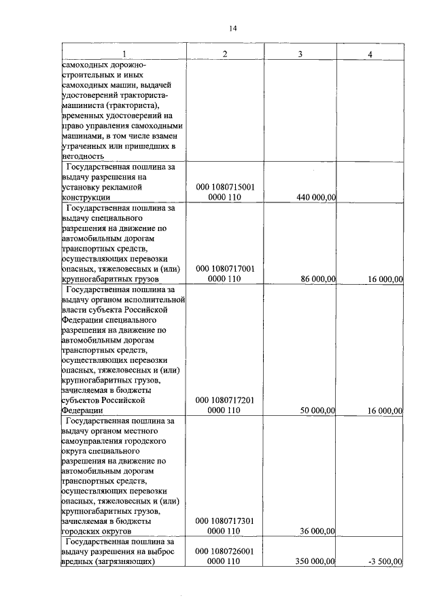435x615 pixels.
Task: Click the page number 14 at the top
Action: tap(233, 28)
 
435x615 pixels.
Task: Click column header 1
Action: tap(123, 54)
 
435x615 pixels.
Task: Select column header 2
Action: tap(224, 54)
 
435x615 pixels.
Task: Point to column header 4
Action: tap(370, 54)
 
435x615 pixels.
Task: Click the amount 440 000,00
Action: tap(317, 198)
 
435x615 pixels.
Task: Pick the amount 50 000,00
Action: tap(319, 410)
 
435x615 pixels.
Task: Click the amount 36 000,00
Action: tap(319, 531)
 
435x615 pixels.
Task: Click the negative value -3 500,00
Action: tap(383, 562)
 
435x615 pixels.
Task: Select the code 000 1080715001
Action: tap(225, 187)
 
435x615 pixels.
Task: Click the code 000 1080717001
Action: tap(225, 268)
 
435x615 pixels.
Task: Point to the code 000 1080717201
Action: tap(225, 400)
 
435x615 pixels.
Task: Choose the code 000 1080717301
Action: tap(225, 521)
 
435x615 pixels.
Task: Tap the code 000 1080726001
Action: tap(225, 551)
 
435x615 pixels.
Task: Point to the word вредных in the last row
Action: tap(78, 562)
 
